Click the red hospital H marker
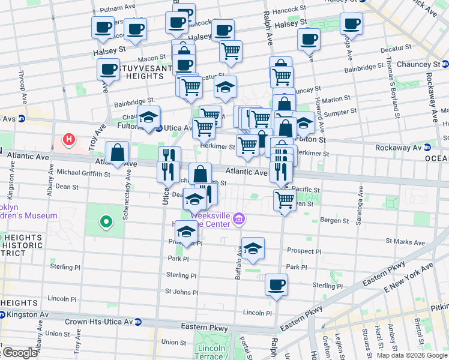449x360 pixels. [70, 140]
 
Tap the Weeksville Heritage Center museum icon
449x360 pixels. [239, 218]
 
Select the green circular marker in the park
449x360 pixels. [106, 222]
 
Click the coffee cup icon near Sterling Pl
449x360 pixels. [276, 284]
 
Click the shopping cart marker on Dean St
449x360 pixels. [285, 200]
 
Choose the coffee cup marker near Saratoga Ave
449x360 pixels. [351, 24]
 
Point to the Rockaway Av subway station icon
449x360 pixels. [427, 148]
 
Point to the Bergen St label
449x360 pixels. [334, 221]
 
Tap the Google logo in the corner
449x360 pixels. [20, 353]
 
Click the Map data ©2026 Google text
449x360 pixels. [411, 355]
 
